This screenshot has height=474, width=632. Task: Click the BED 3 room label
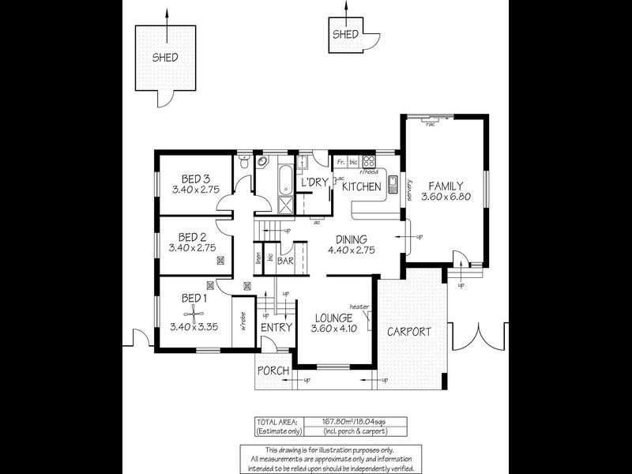coord(194,178)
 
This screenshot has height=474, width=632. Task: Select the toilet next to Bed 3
coord(243,163)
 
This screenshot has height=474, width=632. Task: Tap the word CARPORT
coord(408,332)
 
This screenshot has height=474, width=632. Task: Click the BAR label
coord(285,259)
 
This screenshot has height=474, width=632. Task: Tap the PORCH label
coord(273,371)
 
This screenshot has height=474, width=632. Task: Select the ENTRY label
coord(276,328)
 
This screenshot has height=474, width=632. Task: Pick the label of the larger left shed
coord(165,58)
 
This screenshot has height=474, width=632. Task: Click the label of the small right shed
coord(345,35)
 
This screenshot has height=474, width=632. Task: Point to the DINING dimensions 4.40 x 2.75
coord(352,250)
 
